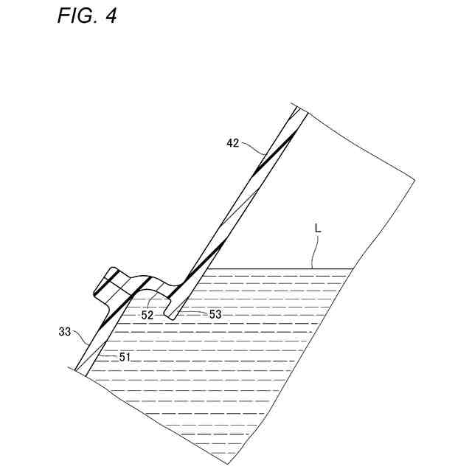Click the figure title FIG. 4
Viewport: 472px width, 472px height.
pyautogui.click(x=86, y=15)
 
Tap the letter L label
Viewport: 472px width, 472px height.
pyautogui.click(x=318, y=229)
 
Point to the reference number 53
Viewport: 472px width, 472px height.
pyautogui.click(x=215, y=315)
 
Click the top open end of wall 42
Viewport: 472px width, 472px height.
pyautogui.click(x=298, y=108)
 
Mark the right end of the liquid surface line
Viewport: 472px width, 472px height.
pyautogui.click(x=353, y=268)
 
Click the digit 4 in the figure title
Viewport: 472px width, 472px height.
pyautogui.click(x=110, y=15)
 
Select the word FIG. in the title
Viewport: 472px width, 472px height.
pyautogui.click(x=76, y=15)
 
